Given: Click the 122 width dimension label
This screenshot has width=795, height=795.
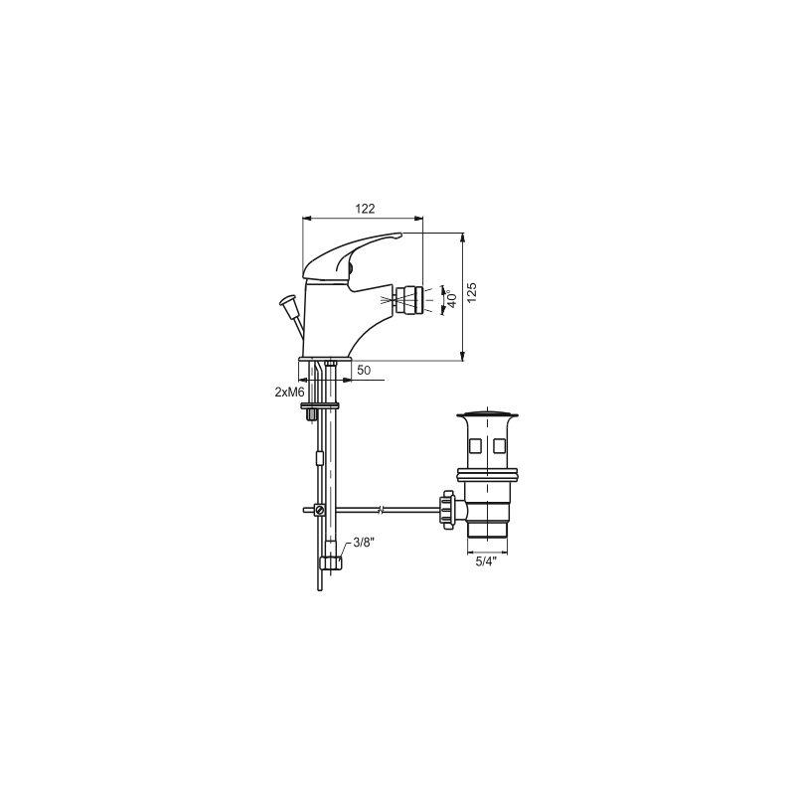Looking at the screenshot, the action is [x=365, y=209].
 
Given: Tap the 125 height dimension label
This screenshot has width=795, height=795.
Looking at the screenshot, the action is [x=471, y=293].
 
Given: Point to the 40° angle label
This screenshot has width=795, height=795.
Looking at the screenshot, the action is [x=452, y=298].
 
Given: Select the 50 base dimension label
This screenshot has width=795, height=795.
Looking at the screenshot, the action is [x=364, y=370].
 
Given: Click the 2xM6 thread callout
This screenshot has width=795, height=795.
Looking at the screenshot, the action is [x=289, y=392].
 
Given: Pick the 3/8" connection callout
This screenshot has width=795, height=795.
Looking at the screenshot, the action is [x=364, y=543].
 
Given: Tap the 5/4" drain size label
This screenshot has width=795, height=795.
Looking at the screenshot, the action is [x=486, y=561].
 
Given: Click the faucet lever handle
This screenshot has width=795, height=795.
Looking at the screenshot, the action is [x=352, y=256].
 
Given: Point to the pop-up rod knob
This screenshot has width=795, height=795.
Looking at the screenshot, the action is [x=288, y=301].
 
